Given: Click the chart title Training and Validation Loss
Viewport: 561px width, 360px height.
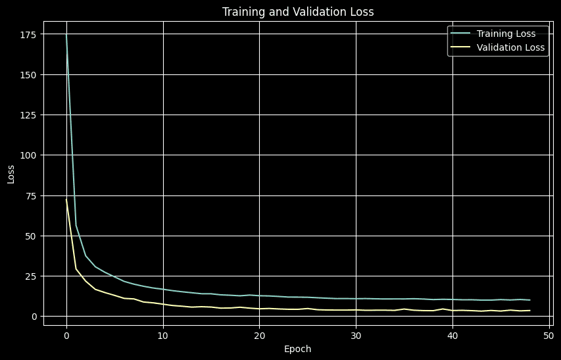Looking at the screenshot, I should tap(299, 11).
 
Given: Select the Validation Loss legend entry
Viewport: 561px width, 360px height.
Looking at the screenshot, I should tap(510, 47).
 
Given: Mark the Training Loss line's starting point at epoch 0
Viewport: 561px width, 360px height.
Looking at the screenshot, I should tap(66, 34).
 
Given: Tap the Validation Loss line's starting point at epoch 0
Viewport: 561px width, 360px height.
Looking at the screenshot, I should tap(66, 200).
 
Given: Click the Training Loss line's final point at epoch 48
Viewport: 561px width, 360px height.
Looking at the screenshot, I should tap(529, 300).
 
